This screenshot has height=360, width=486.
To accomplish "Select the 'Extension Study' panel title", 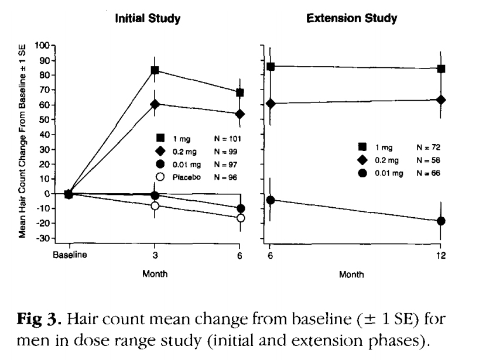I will (x=351, y=19).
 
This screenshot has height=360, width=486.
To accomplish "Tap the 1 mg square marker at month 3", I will (x=155, y=70).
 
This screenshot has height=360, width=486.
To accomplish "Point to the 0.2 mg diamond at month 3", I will (x=155, y=104).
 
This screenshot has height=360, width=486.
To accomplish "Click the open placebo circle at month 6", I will (x=240, y=218).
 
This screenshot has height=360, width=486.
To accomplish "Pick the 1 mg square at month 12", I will (x=441, y=68).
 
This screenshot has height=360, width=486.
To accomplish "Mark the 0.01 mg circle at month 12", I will (x=441, y=221).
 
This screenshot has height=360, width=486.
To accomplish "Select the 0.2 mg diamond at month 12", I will (x=441, y=100).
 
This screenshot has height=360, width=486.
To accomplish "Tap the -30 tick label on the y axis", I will (x=42, y=239).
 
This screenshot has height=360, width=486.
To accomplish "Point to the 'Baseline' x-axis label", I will (x=69, y=256).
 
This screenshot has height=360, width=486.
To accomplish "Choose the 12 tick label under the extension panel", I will (x=441, y=256).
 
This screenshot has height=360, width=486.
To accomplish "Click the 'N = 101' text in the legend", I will (x=228, y=138).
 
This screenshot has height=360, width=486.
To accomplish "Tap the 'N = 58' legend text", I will (x=428, y=160).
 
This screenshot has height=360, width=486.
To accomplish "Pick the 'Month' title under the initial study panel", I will (x=155, y=273).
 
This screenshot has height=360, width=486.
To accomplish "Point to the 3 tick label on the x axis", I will (x=155, y=256).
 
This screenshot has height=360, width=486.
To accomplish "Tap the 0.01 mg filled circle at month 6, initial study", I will (x=240, y=208).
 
